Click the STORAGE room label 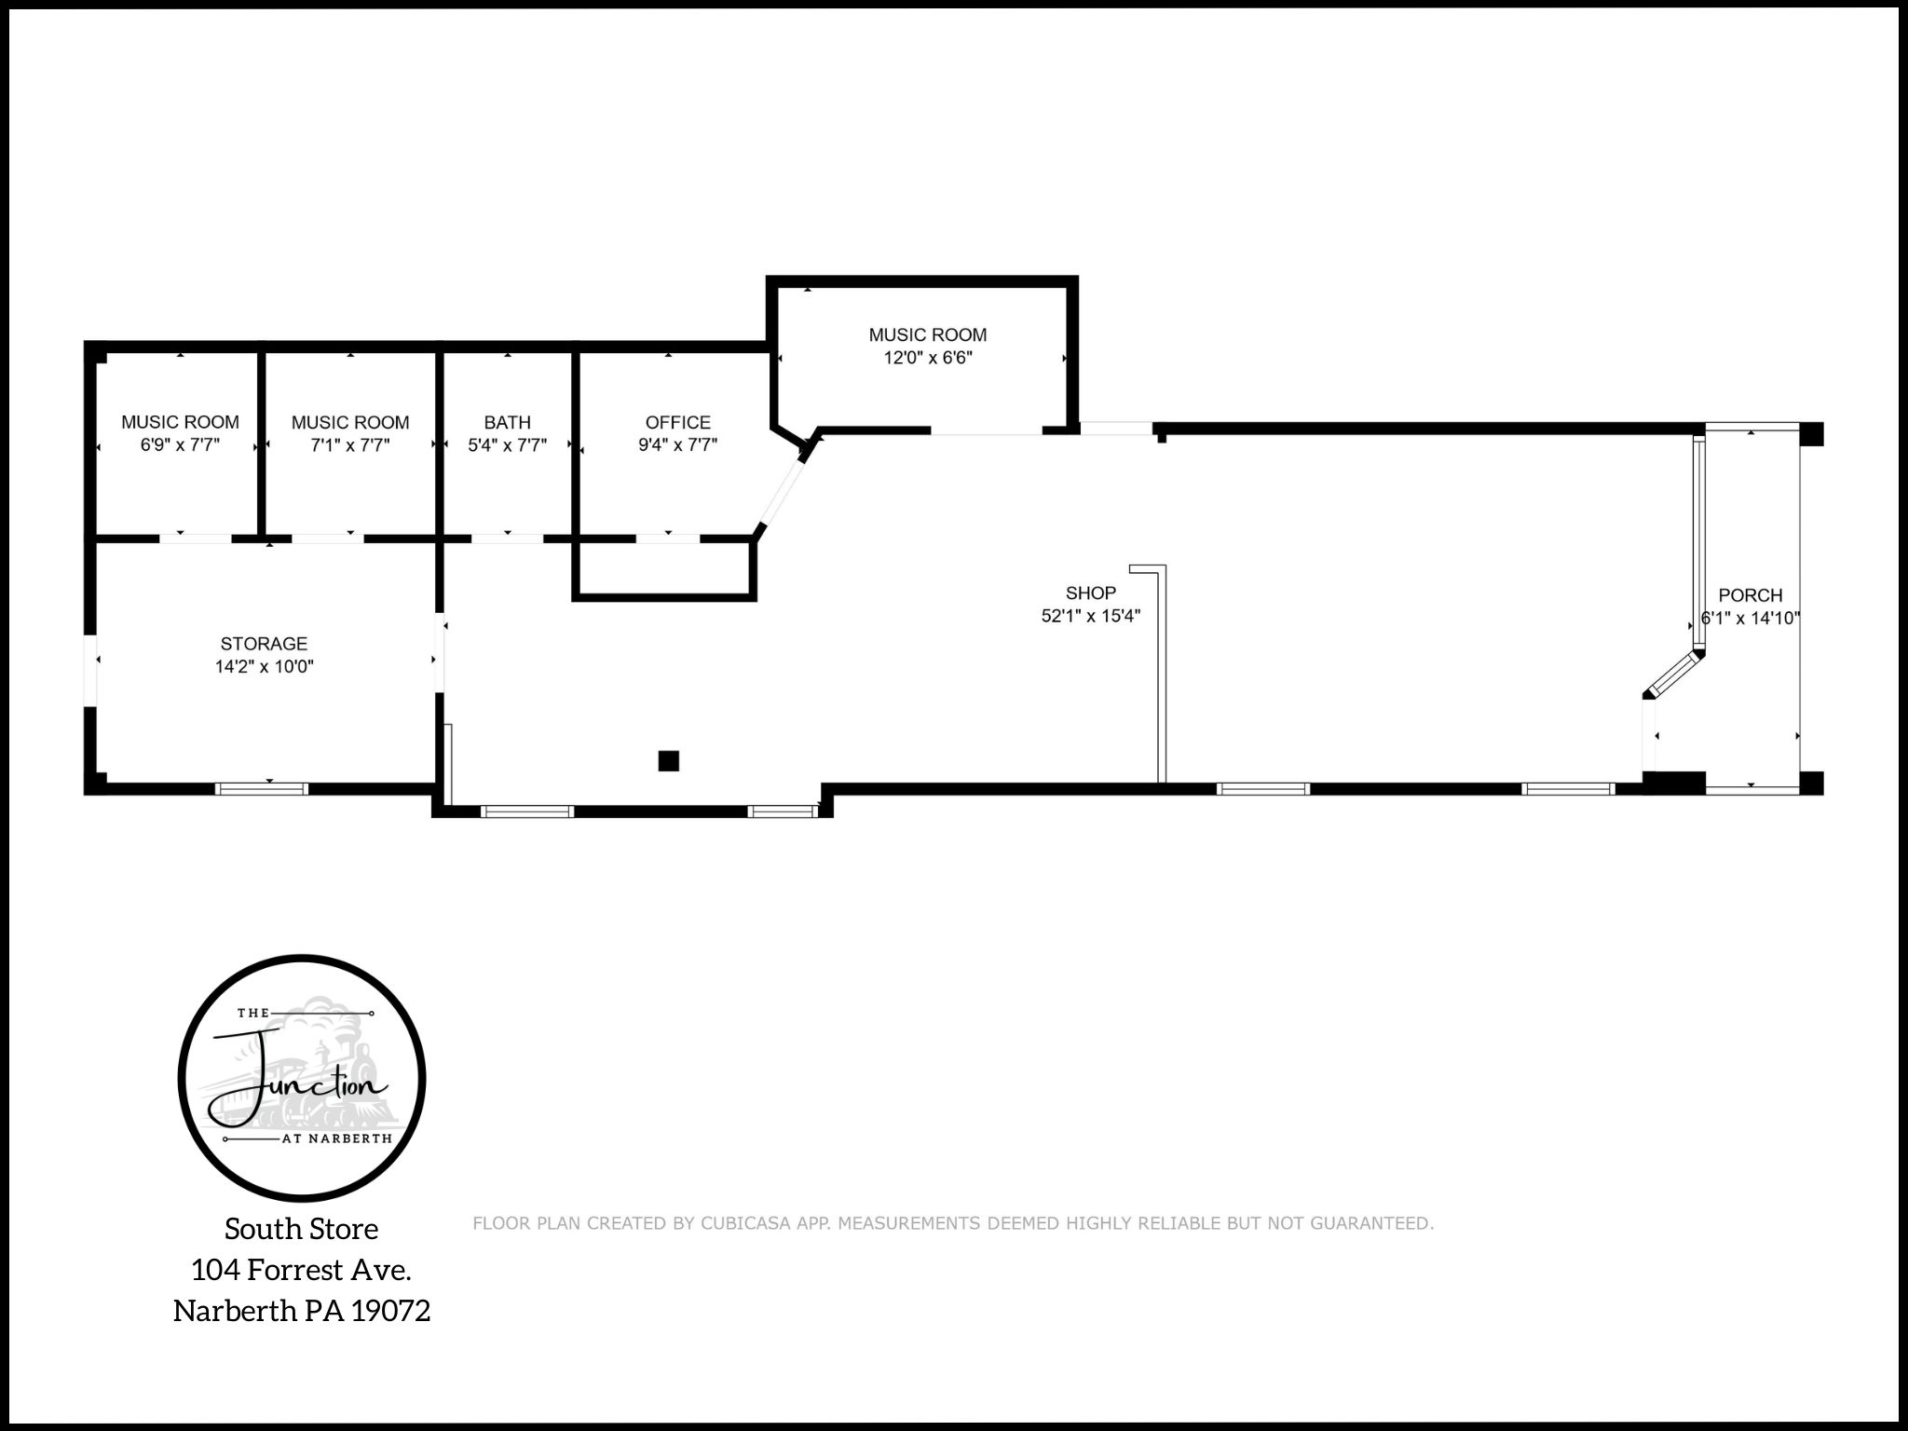[264, 643]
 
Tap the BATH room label [507, 422]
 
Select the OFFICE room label [677, 422]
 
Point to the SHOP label [1090, 593]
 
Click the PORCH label [1750, 594]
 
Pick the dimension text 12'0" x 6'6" [927, 358]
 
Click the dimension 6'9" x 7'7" [180, 445]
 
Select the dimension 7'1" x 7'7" [349, 445]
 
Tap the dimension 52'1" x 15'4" [1090, 616]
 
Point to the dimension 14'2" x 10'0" [264, 666]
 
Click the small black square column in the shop [668, 761]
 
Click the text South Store [301, 1229]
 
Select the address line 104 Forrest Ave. [301, 1270]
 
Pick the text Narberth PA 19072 [301, 1311]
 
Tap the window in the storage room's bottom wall [261, 789]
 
